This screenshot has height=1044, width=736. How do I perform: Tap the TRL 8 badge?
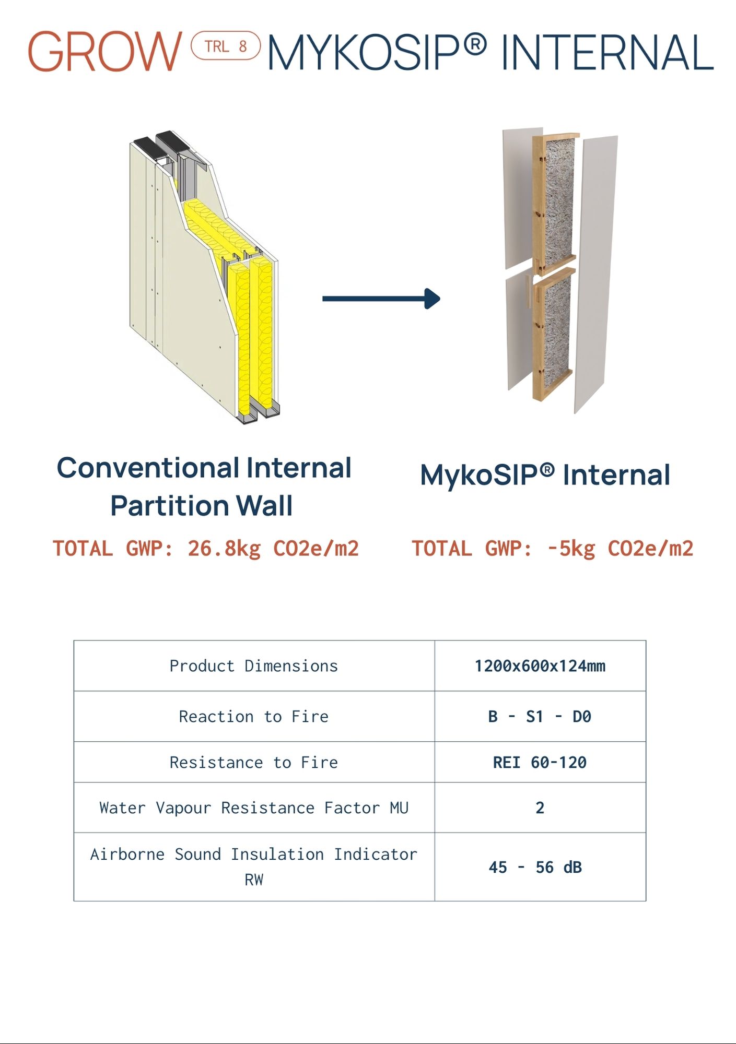(226, 46)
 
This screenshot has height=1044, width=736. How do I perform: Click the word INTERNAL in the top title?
(607, 52)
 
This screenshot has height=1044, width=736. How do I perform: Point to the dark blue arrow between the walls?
(381, 299)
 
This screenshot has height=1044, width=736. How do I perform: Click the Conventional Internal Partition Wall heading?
(204, 487)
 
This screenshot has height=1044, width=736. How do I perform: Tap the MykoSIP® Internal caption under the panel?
(545, 475)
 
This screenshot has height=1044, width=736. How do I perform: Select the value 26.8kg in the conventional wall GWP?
(224, 549)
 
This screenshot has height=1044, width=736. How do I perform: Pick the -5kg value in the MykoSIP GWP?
(570, 549)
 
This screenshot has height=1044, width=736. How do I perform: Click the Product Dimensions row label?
(254, 666)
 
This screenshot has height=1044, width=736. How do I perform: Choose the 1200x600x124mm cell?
(540, 666)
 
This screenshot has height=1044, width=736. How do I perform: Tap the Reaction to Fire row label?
(254, 717)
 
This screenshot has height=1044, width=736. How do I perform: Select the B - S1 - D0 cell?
(540, 717)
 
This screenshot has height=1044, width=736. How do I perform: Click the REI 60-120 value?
(540, 763)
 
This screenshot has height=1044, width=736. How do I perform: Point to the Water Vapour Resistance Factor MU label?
(254, 808)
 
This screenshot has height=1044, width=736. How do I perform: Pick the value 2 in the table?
(540, 808)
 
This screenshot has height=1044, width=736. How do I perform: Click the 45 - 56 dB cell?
(535, 868)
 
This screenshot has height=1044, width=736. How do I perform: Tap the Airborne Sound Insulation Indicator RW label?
(254, 867)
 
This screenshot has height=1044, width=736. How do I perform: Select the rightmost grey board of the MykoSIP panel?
(595, 274)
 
